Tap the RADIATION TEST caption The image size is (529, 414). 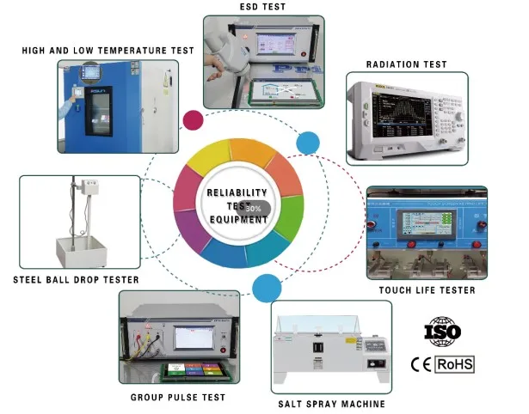pyautogui.click(x=406, y=64)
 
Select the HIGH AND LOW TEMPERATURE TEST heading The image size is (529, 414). pyautogui.click(x=108, y=51)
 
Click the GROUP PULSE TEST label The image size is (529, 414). pyautogui.click(x=177, y=397)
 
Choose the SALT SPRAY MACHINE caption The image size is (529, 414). pyautogui.click(x=331, y=404)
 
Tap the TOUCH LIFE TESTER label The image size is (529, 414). pyautogui.click(x=427, y=290)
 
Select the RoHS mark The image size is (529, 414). pyautogui.click(x=455, y=364)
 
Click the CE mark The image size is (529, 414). pyautogui.click(x=421, y=364)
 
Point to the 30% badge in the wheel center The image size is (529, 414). pyautogui.click(x=255, y=208)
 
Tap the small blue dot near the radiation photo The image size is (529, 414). pyautogui.click(x=307, y=143)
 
